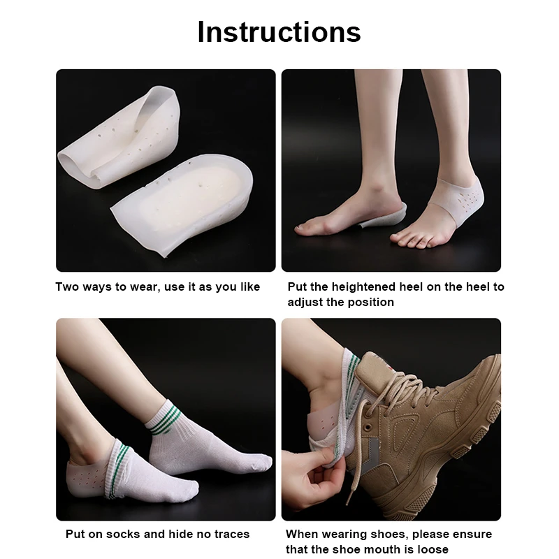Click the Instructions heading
[x=279, y=32]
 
